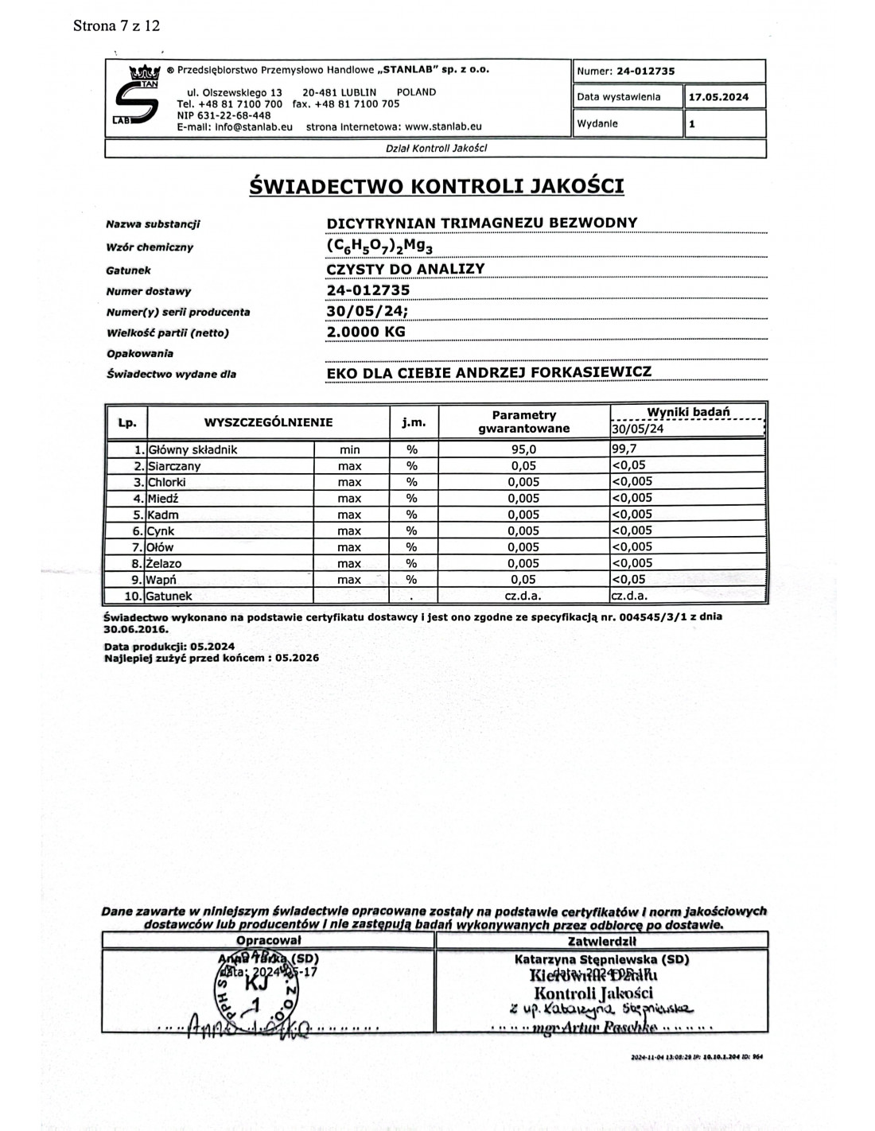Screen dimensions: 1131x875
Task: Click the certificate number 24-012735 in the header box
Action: [645, 71]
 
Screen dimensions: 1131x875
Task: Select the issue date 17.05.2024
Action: [718, 97]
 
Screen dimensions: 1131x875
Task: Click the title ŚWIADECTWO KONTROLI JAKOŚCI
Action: [436, 186]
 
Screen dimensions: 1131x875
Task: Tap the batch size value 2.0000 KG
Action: [366, 332]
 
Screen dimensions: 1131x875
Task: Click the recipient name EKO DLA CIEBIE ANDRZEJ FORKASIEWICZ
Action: [489, 372]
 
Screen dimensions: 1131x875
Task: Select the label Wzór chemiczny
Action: [150, 247]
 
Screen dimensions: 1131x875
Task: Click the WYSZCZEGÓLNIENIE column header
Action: [268, 422]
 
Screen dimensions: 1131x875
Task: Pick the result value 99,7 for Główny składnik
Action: [624, 449]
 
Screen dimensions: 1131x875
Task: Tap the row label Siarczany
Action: [174, 466]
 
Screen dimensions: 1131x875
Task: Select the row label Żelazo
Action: [165, 563]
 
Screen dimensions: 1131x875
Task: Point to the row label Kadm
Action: [163, 515]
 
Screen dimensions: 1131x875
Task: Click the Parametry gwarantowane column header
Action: [523, 422]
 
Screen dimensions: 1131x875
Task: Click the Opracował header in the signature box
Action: [268, 941]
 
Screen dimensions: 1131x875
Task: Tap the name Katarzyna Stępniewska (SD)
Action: [601, 959]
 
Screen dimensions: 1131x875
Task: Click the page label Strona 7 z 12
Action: [116, 25]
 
